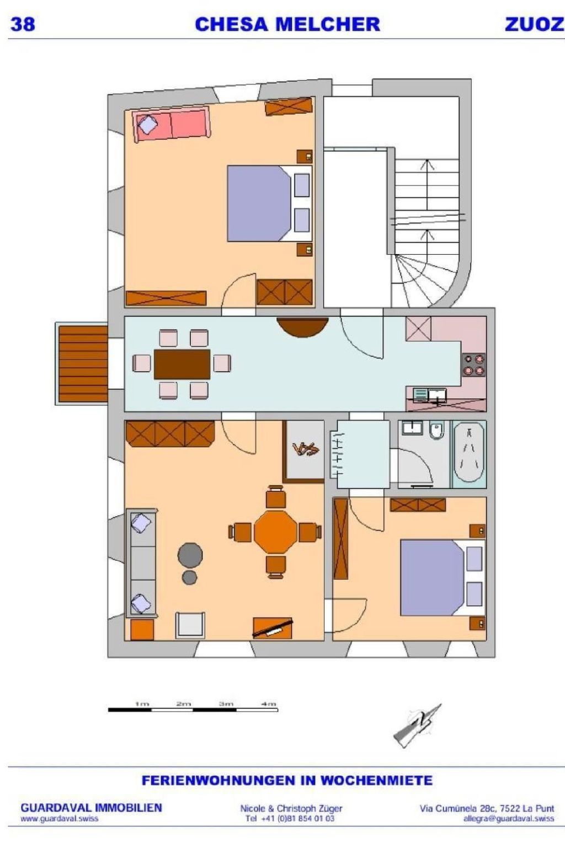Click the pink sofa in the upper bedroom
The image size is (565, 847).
click(171, 125)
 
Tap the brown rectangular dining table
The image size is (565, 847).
click(182, 364)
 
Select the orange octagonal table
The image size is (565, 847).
click(275, 532)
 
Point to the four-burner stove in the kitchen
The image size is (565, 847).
click(475, 364)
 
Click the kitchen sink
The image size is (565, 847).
click(437, 395)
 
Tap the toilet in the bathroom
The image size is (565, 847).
click(436, 430)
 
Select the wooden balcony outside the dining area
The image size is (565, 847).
click(83, 364)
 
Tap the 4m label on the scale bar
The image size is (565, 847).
click(269, 704)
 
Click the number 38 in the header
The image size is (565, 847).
click(23, 24)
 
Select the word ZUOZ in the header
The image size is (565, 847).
click(534, 24)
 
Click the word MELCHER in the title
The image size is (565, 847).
click(328, 24)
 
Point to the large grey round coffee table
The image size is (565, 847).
click(190, 555)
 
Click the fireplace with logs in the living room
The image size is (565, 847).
click(305, 451)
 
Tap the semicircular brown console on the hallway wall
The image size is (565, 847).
click(302, 326)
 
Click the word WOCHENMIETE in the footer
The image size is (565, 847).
click(376, 780)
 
